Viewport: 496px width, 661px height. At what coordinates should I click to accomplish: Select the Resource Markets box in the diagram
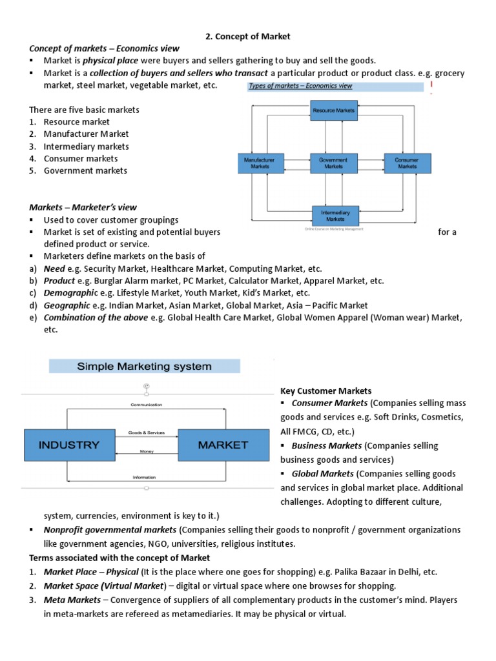coord(333,110)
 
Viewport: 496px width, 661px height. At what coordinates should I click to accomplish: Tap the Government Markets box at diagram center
coord(333,163)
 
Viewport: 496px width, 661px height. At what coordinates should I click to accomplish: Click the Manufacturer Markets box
coord(260,163)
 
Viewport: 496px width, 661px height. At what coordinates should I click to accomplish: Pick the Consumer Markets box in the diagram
coord(407,163)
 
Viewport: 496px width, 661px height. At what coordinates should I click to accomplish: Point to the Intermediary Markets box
coord(335,216)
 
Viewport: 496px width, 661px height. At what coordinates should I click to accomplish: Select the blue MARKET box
coord(223,445)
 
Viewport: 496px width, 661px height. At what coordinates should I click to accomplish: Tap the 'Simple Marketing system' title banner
coord(145,366)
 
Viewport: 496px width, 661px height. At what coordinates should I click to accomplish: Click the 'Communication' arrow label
coord(146,405)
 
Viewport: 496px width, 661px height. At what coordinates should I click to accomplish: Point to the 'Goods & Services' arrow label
coord(146,432)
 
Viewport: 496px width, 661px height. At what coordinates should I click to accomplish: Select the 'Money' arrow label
coord(147,452)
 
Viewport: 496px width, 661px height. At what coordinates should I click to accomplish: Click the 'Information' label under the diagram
coord(143,478)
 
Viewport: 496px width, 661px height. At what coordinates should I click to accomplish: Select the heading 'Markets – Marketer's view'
coord(83,207)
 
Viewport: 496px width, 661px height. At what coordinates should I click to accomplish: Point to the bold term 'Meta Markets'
coord(72,600)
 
